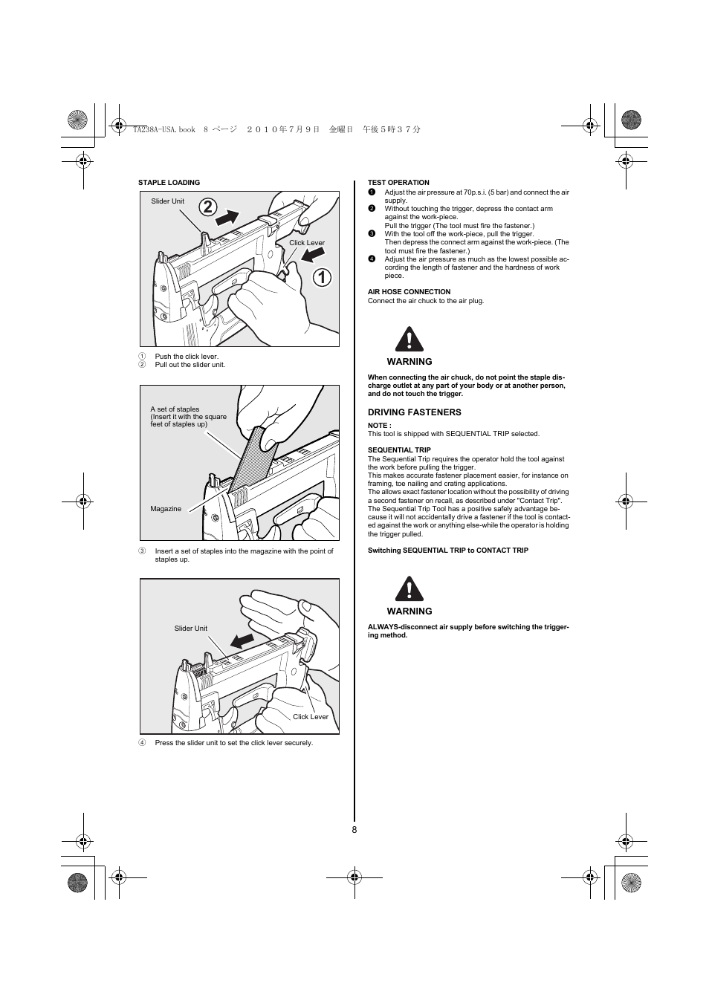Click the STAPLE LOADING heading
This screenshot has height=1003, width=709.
click(169, 183)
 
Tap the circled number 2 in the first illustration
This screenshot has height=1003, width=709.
click(208, 206)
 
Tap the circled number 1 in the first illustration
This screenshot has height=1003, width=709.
click(322, 277)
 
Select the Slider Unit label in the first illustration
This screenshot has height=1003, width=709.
click(167, 201)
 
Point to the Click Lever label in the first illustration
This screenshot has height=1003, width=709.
click(306, 243)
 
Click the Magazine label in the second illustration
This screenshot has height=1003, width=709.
click(166, 509)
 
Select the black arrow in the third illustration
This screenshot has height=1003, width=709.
click(242, 640)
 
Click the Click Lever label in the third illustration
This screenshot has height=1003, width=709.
click(310, 717)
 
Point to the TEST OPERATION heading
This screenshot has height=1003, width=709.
click(398, 183)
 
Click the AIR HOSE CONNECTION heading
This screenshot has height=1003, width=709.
click(409, 292)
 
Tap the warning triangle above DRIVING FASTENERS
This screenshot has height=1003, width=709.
click(409, 340)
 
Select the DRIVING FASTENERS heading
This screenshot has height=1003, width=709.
click(414, 412)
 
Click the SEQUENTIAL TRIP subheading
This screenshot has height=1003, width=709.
click(399, 450)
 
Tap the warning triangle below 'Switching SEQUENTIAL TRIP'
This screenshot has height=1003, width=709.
click(409, 589)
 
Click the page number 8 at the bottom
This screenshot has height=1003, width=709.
click(354, 830)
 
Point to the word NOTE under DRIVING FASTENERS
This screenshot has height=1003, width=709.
click(379, 426)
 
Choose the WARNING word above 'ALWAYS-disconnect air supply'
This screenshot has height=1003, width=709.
click(409, 611)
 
